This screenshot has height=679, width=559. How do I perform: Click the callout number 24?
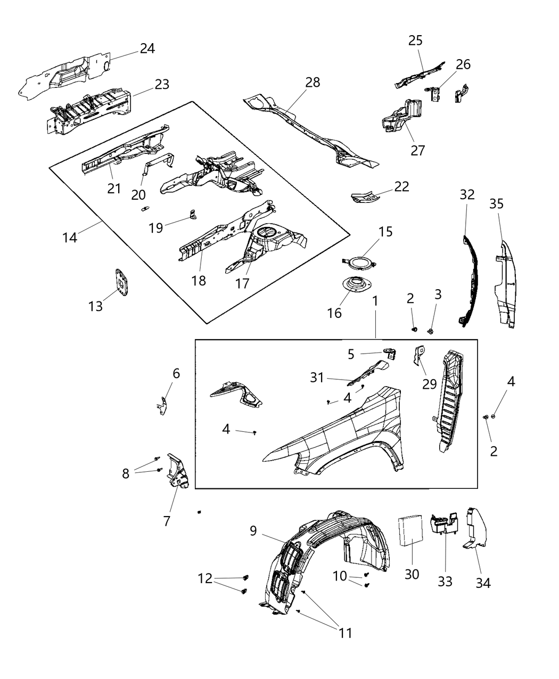tap(147, 48)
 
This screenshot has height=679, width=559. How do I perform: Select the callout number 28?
tap(313, 82)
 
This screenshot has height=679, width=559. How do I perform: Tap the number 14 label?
tap(69, 237)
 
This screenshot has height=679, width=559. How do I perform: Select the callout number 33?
tap(445, 581)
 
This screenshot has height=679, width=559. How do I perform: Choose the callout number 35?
tap(496, 204)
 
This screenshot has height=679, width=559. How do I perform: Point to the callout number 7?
tap(167, 520)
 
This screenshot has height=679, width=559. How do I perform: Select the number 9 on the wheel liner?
tap(253, 530)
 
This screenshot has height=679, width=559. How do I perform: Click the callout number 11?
tap(346, 633)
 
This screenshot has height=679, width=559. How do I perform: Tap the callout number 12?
tap(205, 578)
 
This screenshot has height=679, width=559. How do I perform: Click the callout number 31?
tap(317, 377)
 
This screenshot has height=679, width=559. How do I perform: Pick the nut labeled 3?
tap(431, 331)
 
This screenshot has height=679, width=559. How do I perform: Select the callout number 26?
tap(463, 64)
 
